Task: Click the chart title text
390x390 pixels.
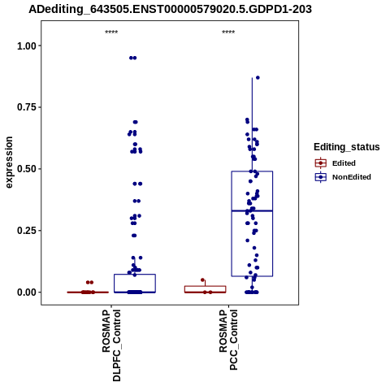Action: tap(170, 10)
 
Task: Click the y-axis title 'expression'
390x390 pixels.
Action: tap(9, 162)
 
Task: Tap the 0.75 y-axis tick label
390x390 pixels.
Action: tap(27, 107)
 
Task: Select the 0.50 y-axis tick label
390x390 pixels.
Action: tap(27, 169)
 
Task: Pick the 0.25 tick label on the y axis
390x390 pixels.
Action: tap(27, 231)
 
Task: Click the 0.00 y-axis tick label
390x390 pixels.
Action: tap(27, 292)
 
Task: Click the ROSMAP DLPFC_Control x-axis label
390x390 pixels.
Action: tap(111, 345)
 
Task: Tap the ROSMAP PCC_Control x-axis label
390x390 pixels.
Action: tap(228, 340)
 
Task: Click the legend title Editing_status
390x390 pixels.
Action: tap(347, 147)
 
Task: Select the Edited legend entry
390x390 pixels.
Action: tap(335, 163)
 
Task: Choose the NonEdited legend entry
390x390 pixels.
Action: tap(343, 177)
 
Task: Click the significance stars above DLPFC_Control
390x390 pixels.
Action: tap(111, 32)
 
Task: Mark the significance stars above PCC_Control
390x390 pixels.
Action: tap(228, 32)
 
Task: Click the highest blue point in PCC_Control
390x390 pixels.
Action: tap(258, 78)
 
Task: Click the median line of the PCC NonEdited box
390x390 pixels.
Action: tap(252, 210)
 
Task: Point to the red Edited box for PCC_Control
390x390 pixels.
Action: tap(206, 289)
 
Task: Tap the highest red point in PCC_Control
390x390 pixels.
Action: tap(202, 279)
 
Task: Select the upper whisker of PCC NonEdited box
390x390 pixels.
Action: tap(252, 124)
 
